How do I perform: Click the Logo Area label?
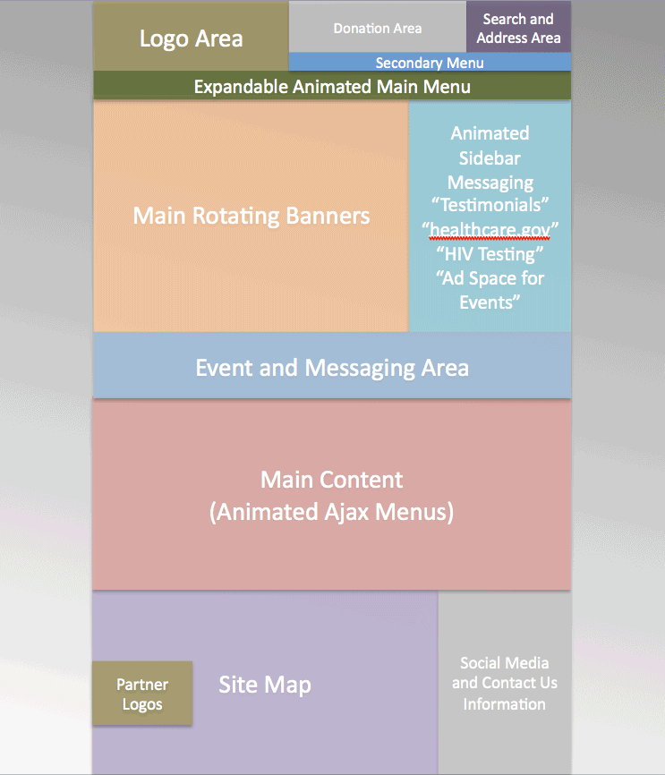[x=192, y=38]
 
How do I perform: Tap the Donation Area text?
[x=378, y=29]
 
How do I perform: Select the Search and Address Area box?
[x=518, y=27]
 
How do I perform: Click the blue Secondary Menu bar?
[x=430, y=62]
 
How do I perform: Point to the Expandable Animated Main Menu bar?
[x=332, y=86]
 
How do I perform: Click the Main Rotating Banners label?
[x=252, y=216]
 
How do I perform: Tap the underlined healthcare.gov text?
[x=490, y=230]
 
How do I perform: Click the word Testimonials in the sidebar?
[x=490, y=205]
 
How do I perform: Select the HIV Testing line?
[x=490, y=254]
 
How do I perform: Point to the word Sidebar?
[x=490, y=158]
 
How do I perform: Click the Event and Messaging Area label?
[x=332, y=368]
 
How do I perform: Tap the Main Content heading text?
[x=332, y=480]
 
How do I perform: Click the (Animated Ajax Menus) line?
[x=332, y=512]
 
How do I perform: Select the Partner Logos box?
[x=142, y=694]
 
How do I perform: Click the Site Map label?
[x=265, y=685]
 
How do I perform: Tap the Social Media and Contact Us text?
[x=504, y=673]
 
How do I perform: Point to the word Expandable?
[x=241, y=87]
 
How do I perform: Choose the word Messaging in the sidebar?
[x=490, y=183]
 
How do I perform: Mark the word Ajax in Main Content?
[x=346, y=512]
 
